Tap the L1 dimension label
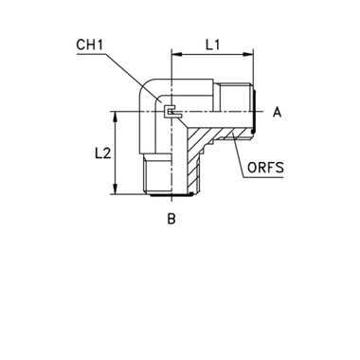coord(214,45)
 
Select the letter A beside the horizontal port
coord(276,112)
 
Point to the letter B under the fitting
coord(171,219)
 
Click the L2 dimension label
coord(110,152)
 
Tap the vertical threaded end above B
coord(157,176)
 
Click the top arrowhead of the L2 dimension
coord(115,115)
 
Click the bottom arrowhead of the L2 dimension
coord(115,189)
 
